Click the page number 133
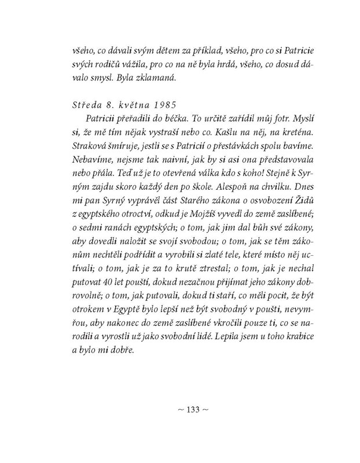click(x=190, y=410)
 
